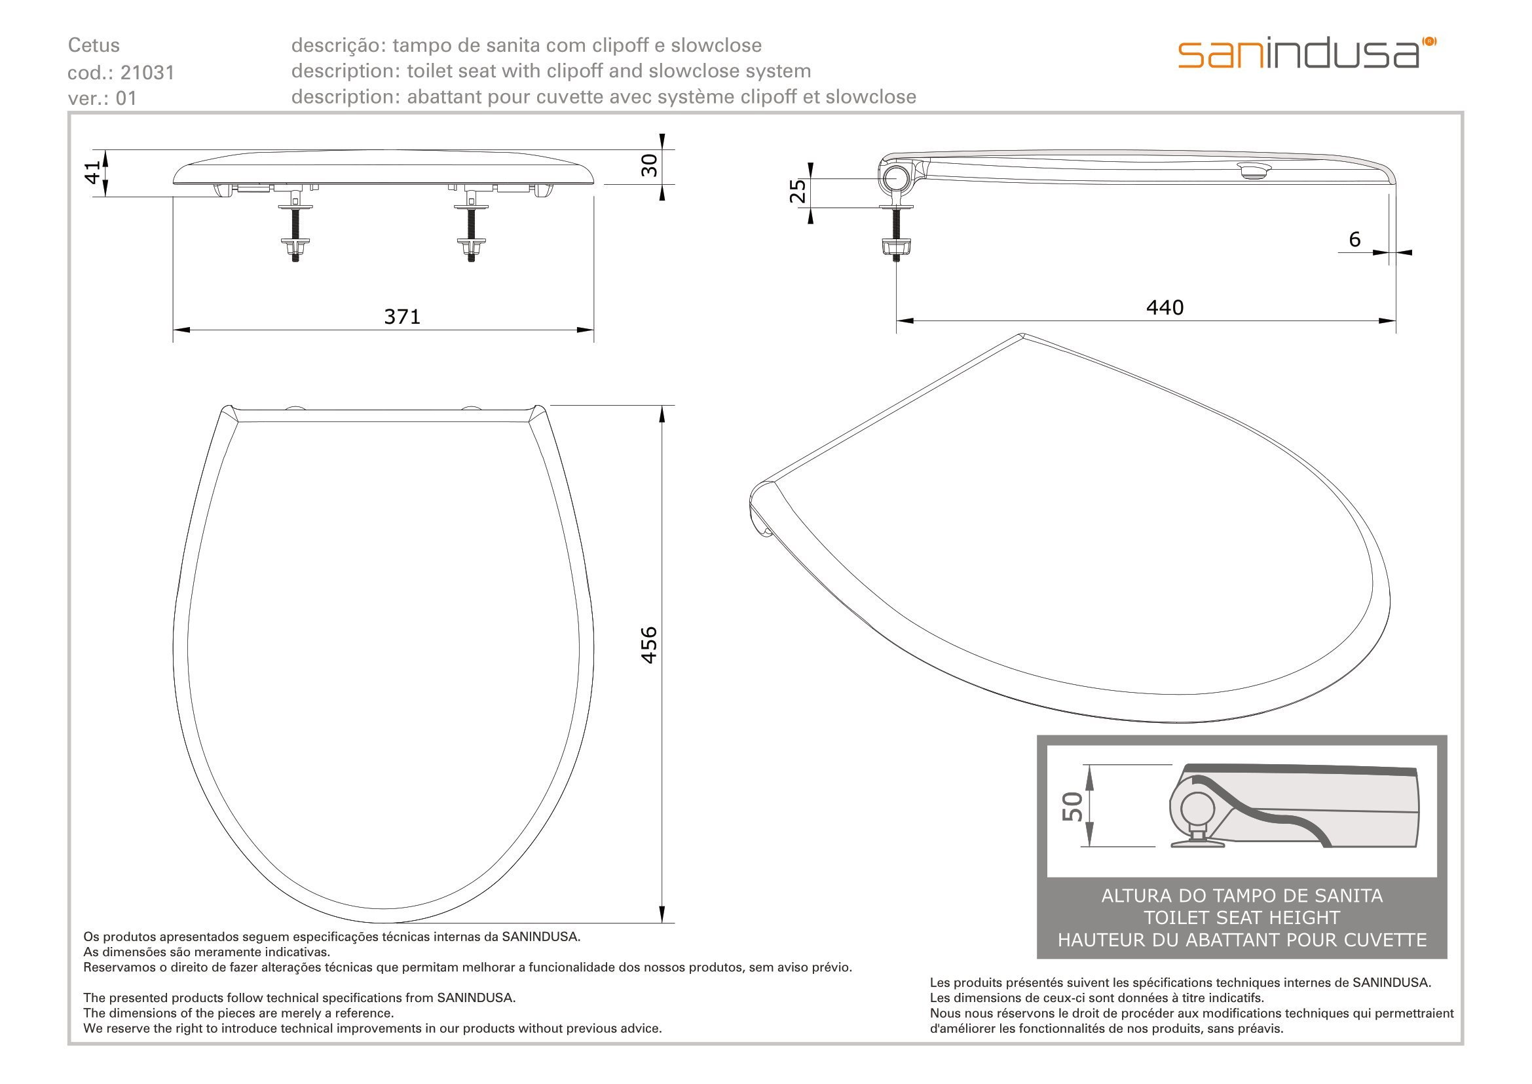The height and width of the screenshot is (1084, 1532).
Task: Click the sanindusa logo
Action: click(x=1307, y=53)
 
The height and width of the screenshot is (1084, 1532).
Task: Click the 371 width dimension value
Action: click(x=402, y=317)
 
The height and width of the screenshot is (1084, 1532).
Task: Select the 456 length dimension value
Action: click(x=648, y=644)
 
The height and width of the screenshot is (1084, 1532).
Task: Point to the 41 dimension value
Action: click(x=94, y=172)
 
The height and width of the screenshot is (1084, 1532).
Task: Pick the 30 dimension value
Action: click(x=648, y=165)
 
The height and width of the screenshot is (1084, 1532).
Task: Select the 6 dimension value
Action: click(x=1355, y=239)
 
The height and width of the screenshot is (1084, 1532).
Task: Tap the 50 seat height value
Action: click(x=1072, y=806)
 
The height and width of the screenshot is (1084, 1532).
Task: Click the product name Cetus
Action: click(x=94, y=45)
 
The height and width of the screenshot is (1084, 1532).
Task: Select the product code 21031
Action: click(x=147, y=72)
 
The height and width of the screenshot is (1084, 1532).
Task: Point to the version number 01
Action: click(x=126, y=98)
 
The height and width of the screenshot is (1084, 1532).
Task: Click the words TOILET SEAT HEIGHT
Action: click(x=1242, y=918)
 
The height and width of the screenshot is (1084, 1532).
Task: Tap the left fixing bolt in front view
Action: click(x=295, y=225)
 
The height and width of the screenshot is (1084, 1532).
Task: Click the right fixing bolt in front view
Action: click(x=470, y=225)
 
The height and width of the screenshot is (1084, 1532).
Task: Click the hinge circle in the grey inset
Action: click(x=1197, y=810)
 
